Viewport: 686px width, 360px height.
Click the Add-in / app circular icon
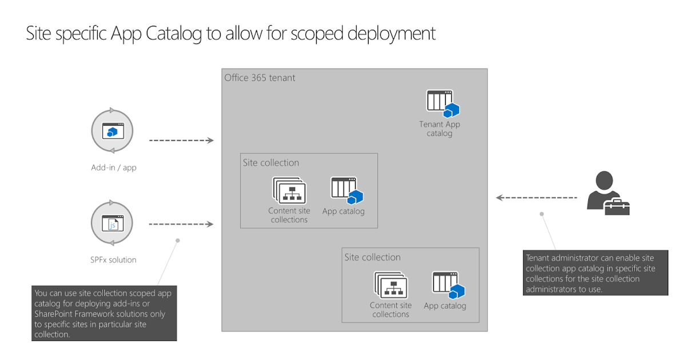tap(112, 131)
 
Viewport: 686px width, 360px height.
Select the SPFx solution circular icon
tap(112, 223)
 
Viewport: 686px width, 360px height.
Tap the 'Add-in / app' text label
tap(114, 168)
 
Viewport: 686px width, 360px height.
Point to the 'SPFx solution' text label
tap(114, 260)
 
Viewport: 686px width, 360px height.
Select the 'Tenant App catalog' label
tap(439, 129)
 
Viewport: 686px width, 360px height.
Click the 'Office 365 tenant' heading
tap(260, 78)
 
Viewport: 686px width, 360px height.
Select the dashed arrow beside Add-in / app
tap(181, 140)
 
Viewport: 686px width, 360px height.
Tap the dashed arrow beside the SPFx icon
tap(181, 224)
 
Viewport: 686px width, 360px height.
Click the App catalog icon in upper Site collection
tap(346, 190)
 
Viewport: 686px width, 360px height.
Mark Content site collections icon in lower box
tap(391, 285)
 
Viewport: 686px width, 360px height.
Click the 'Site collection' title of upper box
tap(271, 163)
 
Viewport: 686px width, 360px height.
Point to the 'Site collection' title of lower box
tap(373, 258)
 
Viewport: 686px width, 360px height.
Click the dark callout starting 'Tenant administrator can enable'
tap(596, 273)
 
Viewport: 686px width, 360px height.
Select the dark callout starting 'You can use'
tap(104, 313)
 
